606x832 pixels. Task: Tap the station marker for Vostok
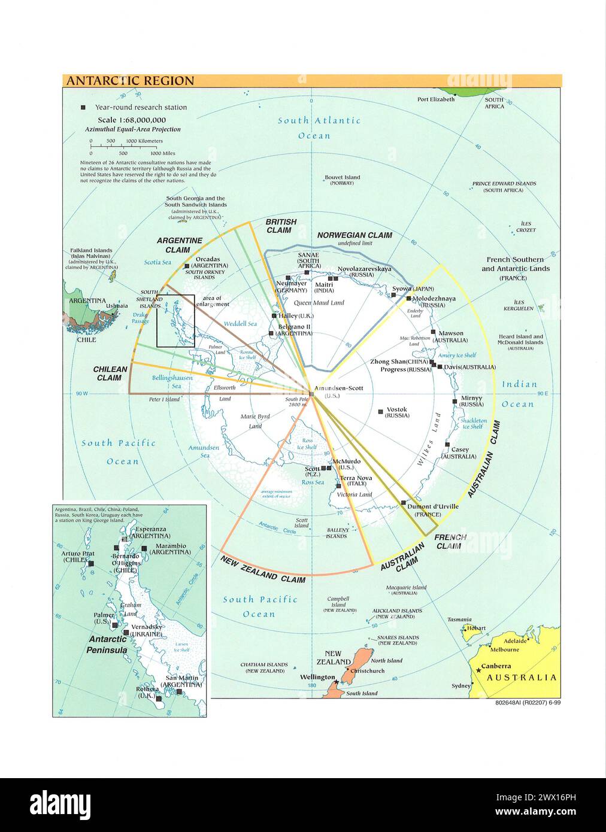click(x=381, y=411)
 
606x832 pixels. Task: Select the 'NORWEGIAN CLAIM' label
click(x=354, y=235)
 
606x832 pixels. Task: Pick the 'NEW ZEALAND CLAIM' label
click(x=263, y=569)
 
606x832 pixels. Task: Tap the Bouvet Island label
click(x=343, y=177)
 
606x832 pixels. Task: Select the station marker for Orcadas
click(x=187, y=266)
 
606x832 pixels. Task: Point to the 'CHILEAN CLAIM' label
click(x=111, y=374)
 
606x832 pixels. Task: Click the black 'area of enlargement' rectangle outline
click(x=157, y=320)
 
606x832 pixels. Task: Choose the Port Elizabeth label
click(x=436, y=99)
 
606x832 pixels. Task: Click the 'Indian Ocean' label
click(x=518, y=394)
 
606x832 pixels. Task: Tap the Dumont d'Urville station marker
click(x=404, y=503)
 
